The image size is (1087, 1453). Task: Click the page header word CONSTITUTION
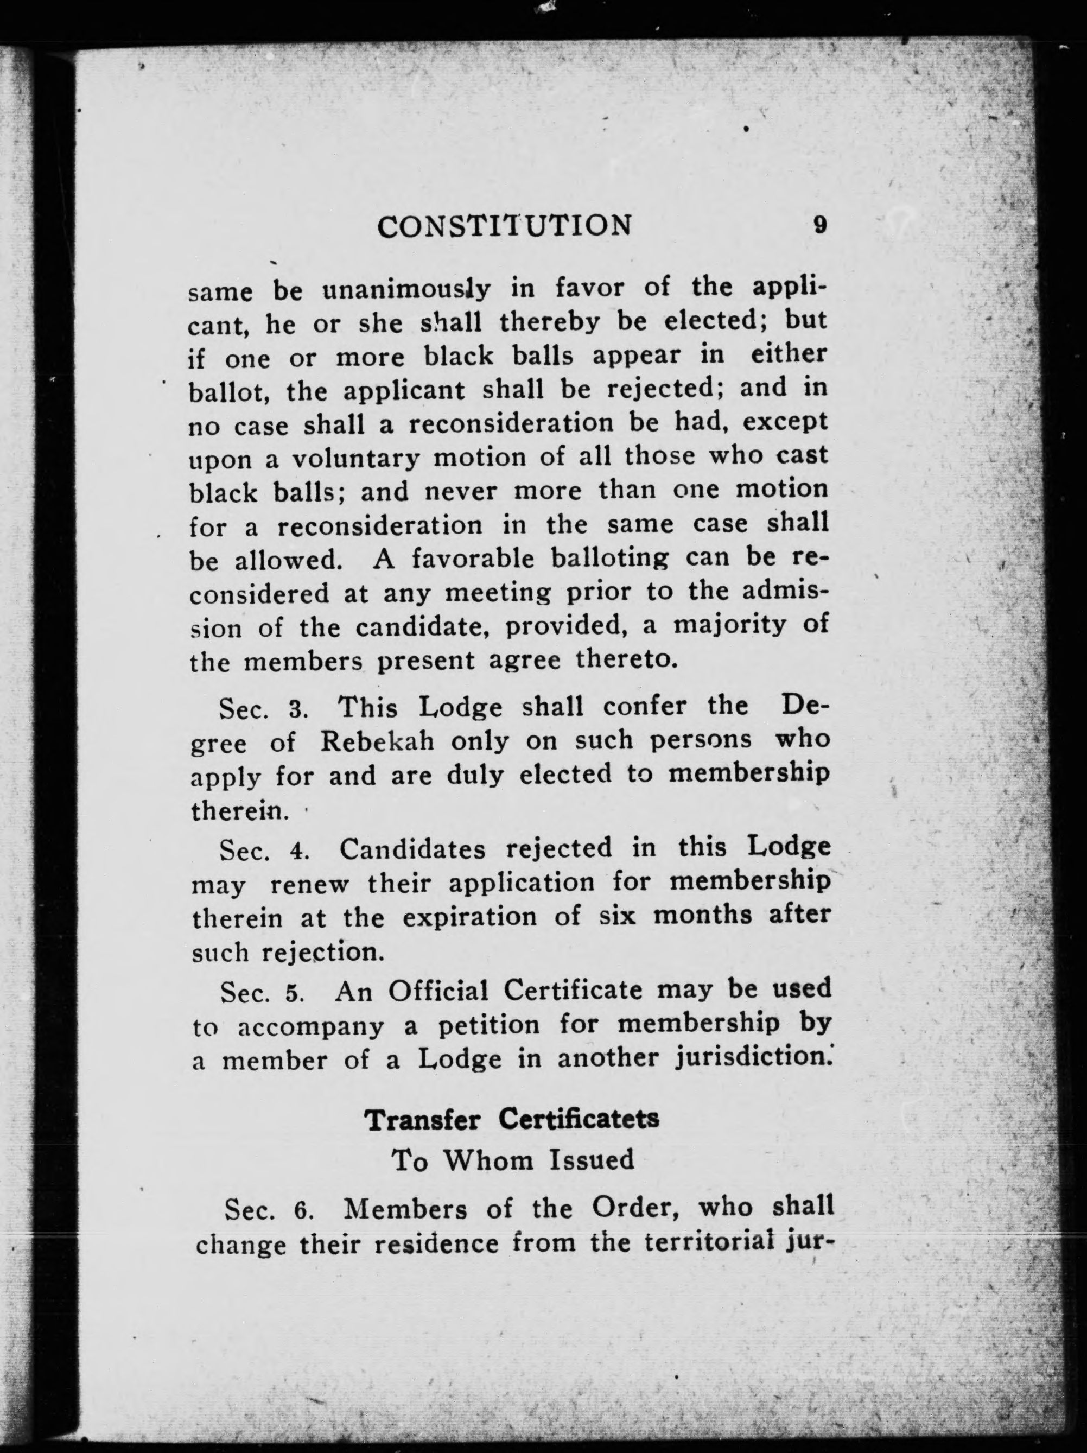pos(504,226)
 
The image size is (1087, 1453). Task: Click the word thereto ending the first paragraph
pos(625,659)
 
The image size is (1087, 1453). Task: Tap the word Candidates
pos(412,849)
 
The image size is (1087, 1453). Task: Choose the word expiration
pos(469,917)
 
